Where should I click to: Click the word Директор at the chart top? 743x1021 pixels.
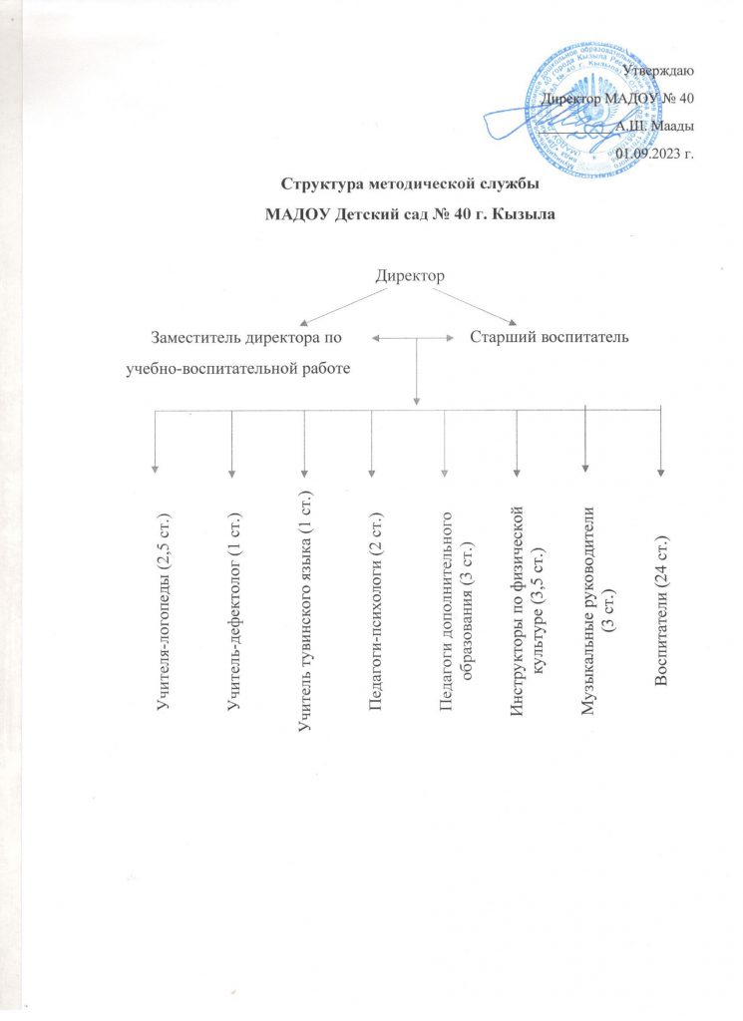(409, 274)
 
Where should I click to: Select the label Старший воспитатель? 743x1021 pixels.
(548, 339)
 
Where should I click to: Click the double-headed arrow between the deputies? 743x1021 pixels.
(417, 339)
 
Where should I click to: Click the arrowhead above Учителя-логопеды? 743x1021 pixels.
(155, 464)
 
